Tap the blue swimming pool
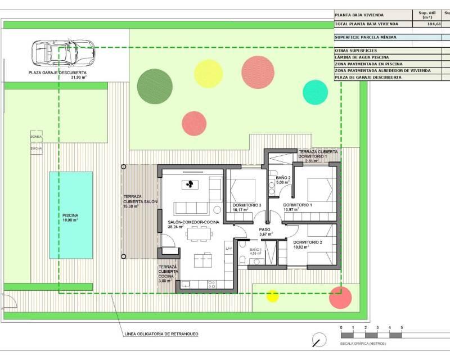tap(71, 215)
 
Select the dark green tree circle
tap(153, 85)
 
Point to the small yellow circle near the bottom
tap(272, 296)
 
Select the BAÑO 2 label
tap(283, 178)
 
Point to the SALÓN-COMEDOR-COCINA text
tap(193, 222)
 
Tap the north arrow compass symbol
tap(319, 340)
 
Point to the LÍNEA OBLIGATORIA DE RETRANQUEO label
tap(160, 334)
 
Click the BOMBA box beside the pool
tap(37, 137)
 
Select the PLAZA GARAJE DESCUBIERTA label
tap(58, 73)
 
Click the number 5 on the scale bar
tap(402, 327)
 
